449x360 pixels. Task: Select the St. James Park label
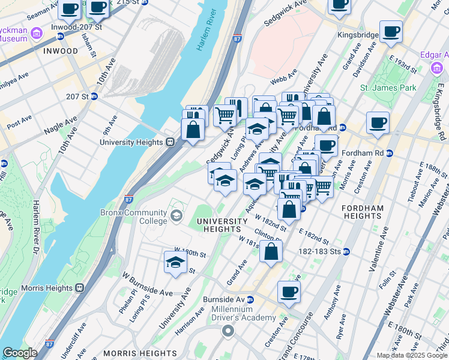(x=388, y=88)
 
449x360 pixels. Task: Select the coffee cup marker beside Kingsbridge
(x=391, y=31)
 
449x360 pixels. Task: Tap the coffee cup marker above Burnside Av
(x=289, y=293)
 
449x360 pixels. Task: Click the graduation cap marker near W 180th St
(x=175, y=262)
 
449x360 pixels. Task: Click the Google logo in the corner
(x=20, y=353)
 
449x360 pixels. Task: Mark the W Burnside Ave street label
(x=148, y=284)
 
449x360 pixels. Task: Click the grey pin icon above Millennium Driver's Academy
(x=228, y=331)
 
